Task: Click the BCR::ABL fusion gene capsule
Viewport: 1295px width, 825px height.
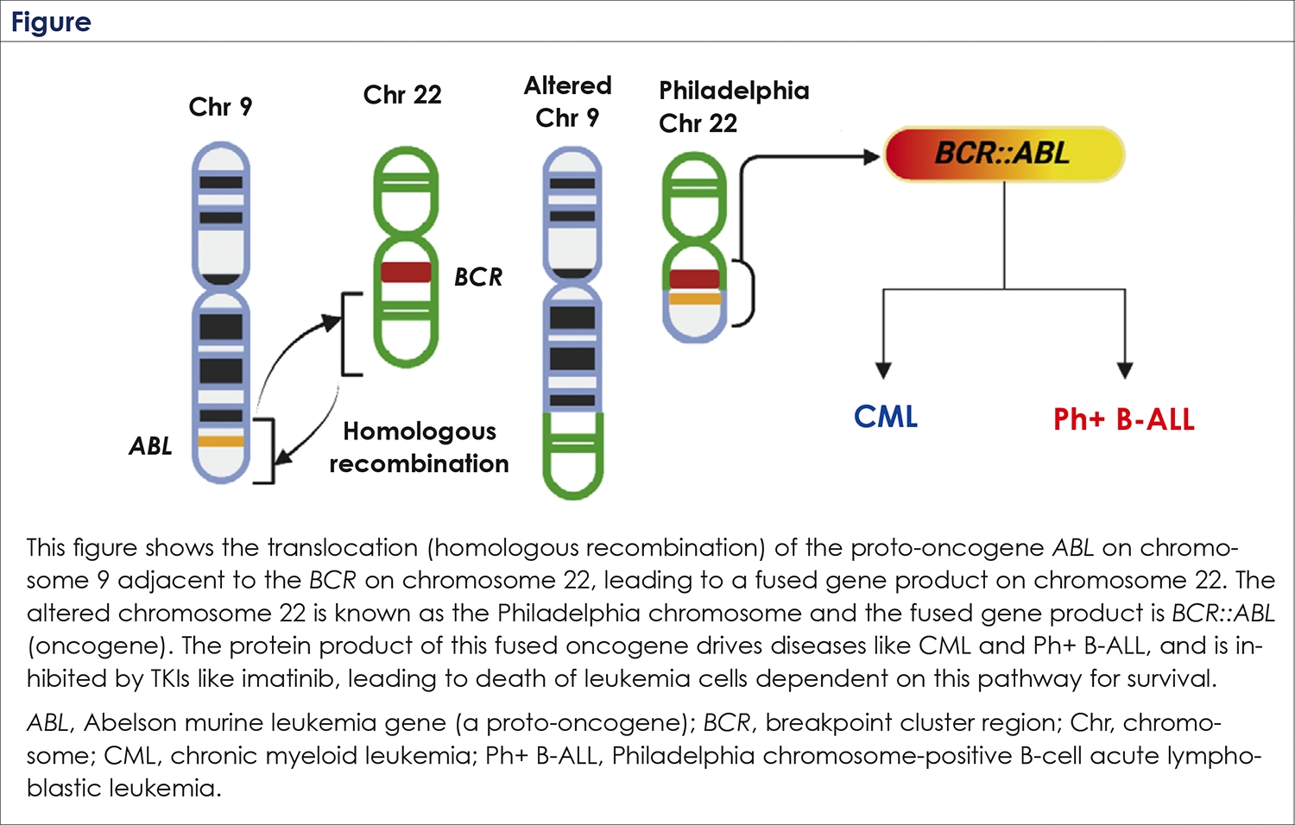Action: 1003,154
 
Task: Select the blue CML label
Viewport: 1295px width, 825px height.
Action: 885,417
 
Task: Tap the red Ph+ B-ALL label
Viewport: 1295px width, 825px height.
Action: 1123,419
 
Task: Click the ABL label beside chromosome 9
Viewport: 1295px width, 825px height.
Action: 150,446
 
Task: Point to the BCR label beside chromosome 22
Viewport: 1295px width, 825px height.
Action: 478,277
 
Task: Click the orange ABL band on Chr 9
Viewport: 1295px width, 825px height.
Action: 221,441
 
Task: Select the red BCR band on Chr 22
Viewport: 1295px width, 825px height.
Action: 406,272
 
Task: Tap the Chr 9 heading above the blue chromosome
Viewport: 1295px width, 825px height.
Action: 220,107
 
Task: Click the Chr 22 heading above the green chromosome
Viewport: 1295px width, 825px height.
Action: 402,95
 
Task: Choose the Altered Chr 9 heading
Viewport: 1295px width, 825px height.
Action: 567,102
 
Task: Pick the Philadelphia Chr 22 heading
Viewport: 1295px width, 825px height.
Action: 734,107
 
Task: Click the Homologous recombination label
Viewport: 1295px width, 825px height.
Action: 419,447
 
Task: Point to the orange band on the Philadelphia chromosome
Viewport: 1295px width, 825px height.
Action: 694,299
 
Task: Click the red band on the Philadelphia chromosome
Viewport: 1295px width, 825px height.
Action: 694,279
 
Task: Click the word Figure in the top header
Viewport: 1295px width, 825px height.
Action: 51,22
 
